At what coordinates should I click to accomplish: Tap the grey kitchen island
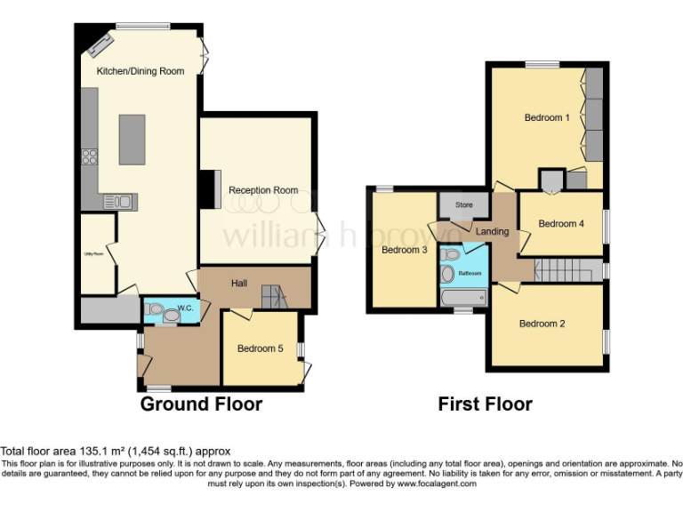(132, 140)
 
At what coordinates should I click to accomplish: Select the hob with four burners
(90, 157)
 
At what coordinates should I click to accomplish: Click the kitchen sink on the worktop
(118, 201)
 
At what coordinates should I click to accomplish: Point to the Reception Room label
(263, 190)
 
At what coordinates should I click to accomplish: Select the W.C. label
(185, 308)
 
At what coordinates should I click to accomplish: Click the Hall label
(239, 283)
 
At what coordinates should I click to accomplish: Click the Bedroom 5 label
(260, 348)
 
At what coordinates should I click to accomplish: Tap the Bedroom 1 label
(546, 117)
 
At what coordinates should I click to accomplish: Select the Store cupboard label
(464, 204)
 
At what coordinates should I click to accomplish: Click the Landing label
(493, 232)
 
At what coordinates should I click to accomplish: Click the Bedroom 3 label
(405, 250)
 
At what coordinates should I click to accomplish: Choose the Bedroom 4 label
(561, 223)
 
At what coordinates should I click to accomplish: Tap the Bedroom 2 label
(542, 324)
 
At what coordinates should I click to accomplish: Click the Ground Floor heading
(201, 404)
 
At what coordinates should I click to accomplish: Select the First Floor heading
(485, 404)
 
